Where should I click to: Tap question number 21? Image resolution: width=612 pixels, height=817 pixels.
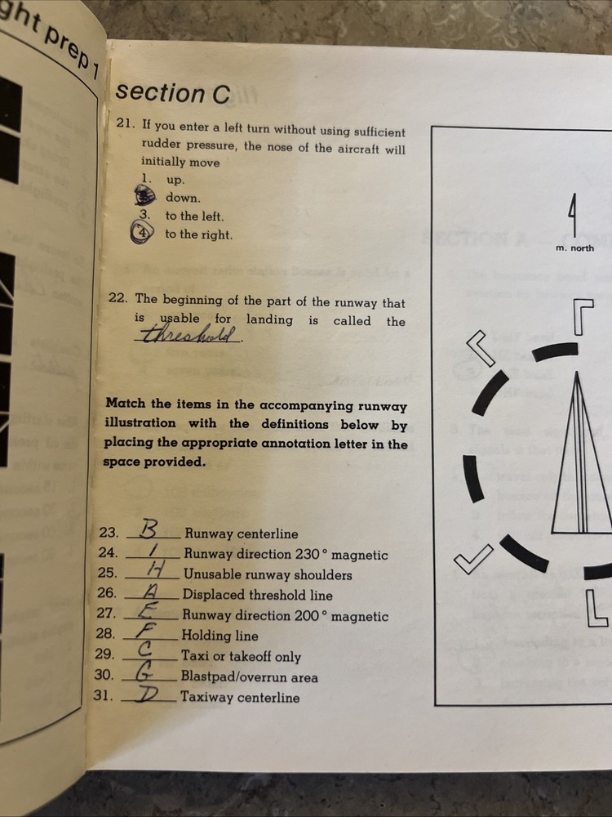[125, 125]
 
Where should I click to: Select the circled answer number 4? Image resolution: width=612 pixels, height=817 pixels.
[142, 234]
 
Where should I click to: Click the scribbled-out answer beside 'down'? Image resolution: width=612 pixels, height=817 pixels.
[144, 196]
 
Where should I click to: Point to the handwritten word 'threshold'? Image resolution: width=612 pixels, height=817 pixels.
[190, 335]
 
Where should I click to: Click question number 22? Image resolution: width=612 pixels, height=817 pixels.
[118, 300]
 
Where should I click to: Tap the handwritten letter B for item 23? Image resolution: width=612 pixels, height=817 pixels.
[150, 530]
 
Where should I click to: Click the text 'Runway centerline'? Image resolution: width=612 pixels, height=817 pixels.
[241, 534]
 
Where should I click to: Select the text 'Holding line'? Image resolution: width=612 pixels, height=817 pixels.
[220, 636]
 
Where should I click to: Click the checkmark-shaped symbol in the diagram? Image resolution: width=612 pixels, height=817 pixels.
[473, 559]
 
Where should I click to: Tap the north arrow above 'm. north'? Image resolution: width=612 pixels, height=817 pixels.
[574, 217]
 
